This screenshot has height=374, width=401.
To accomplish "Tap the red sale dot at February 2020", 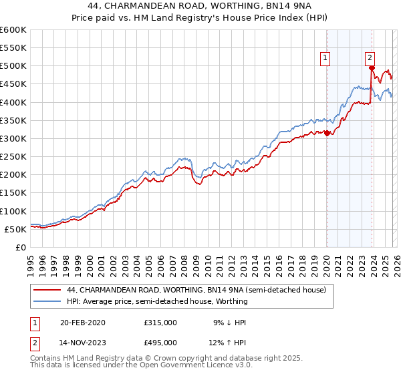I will click(x=327, y=133).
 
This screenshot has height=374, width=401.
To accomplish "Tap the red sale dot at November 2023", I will click(x=372, y=67).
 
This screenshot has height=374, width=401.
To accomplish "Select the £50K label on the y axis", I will click(x=15, y=229).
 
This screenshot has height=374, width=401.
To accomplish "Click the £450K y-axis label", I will click(x=13, y=84).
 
